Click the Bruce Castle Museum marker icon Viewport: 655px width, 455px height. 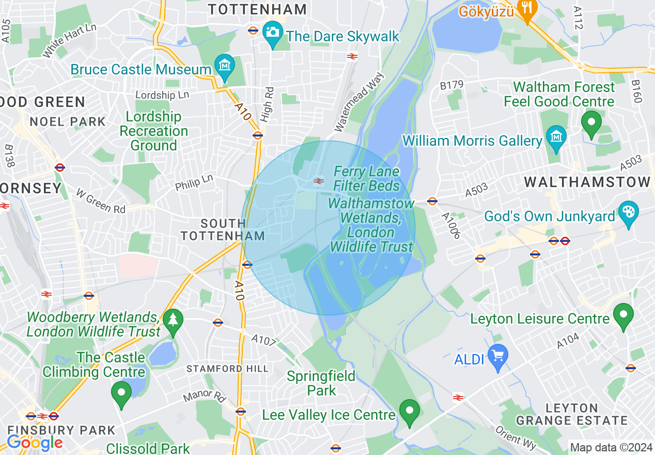(x=224, y=67)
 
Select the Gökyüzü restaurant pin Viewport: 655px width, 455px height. (x=526, y=8)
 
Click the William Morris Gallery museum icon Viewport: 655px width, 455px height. (x=556, y=138)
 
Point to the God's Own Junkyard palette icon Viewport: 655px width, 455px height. (x=628, y=214)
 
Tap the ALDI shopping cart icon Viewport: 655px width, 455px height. (x=498, y=357)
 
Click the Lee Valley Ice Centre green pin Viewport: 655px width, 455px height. (x=410, y=412)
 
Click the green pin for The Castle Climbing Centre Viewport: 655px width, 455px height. (x=121, y=393)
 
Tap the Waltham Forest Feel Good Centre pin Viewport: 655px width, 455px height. (x=591, y=124)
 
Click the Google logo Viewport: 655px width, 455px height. (x=35, y=443)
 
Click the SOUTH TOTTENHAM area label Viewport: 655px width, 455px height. (x=223, y=230)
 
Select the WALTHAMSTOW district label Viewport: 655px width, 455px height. (x=587, y=182)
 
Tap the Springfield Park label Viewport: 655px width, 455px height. (x=321, y=383)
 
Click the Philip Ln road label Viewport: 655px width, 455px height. (x=194, y=182)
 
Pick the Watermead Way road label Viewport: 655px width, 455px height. (x=360, y=101)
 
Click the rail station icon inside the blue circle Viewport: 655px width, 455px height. (x=319, y=180)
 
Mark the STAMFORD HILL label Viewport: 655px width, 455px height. (x=227, y=369)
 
